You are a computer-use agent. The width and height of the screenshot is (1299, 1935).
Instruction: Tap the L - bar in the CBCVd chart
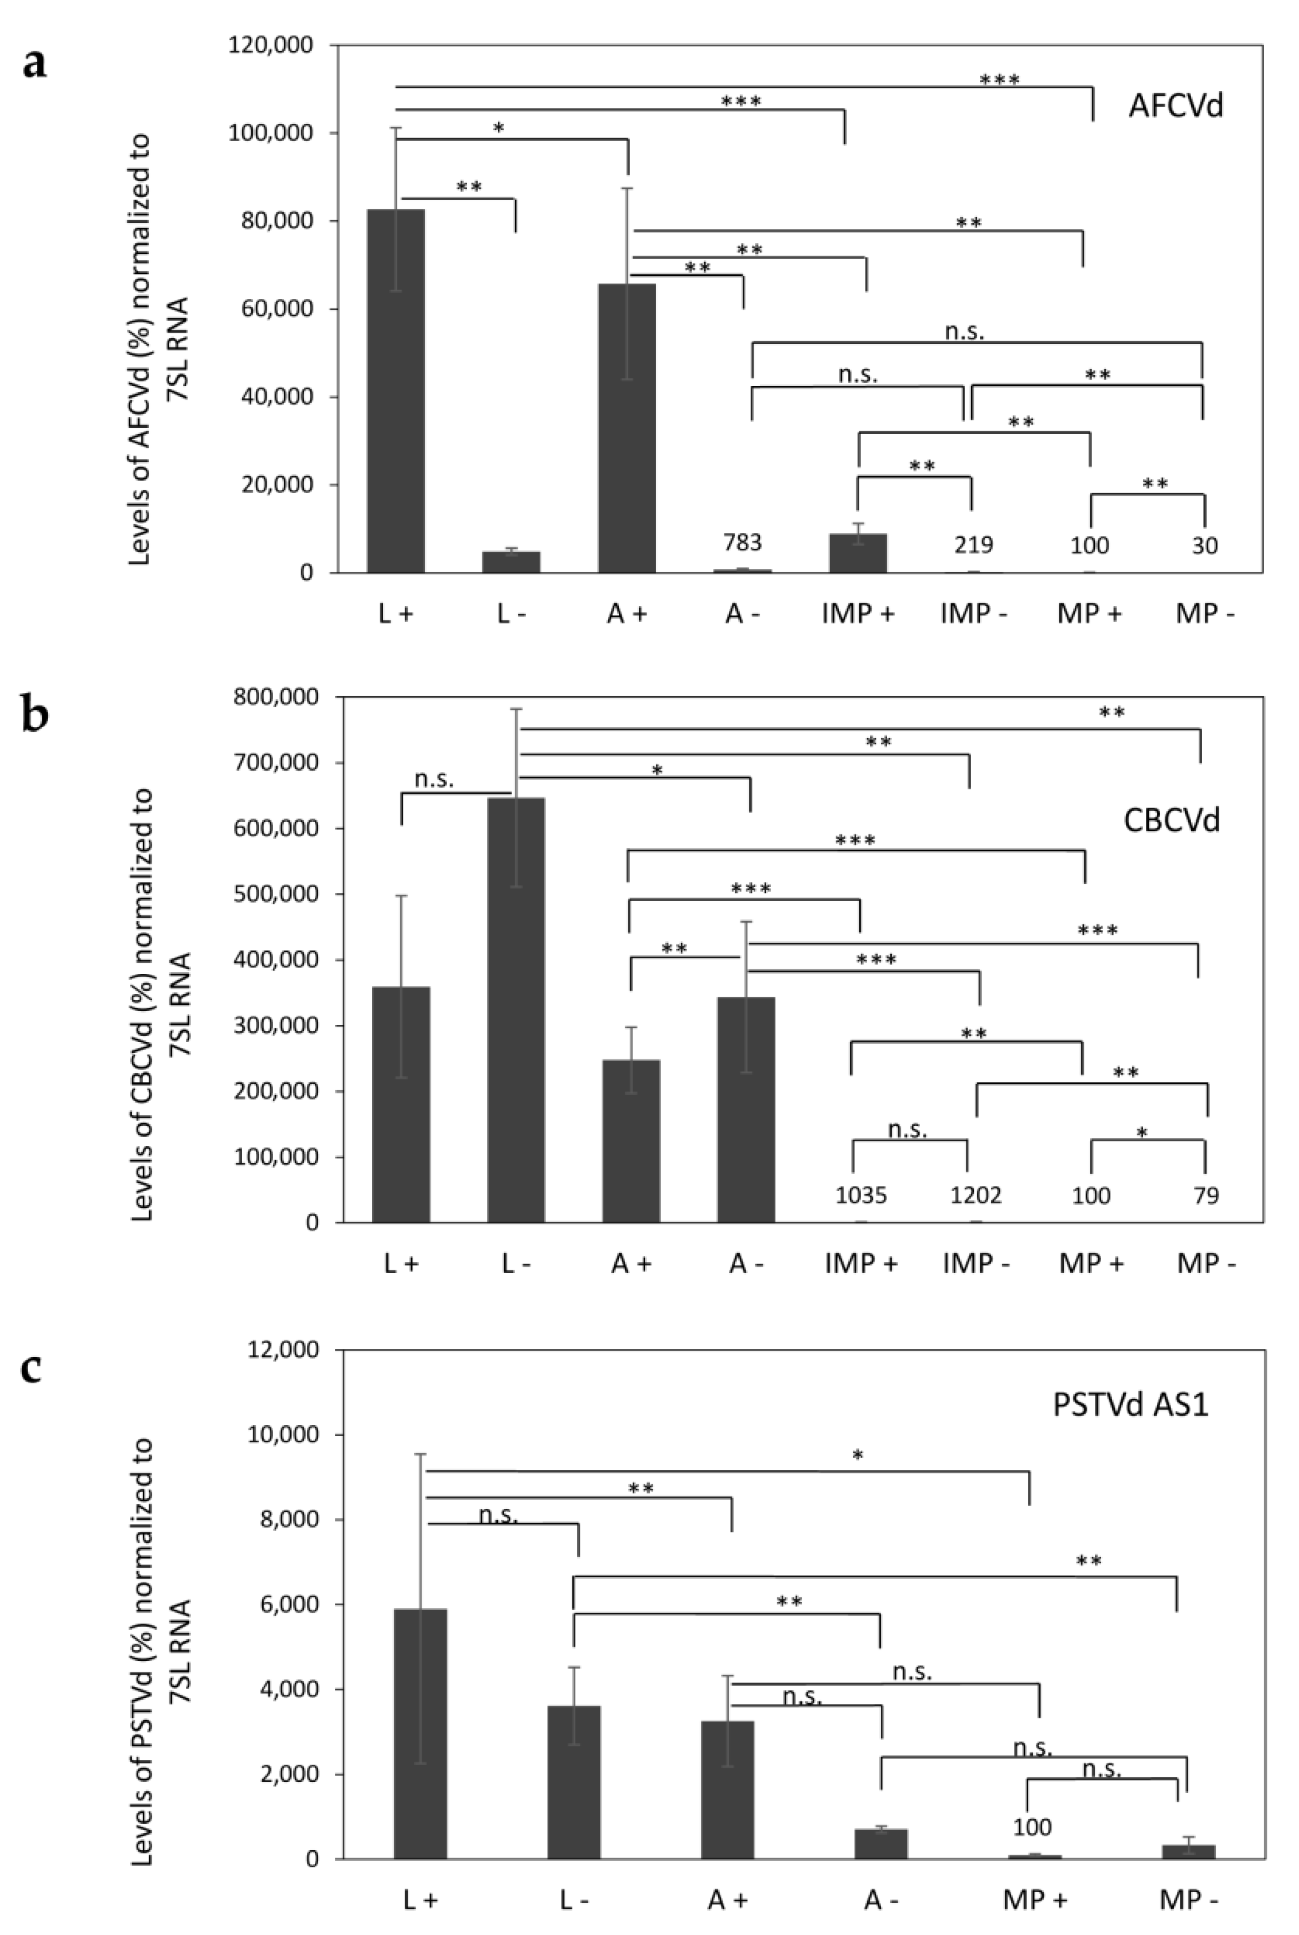click(x=516, y=1010)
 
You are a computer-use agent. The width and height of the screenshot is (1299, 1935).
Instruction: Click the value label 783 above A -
click(x=742, y=543)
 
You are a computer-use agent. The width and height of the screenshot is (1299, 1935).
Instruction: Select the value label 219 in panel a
click(x=973, y=544)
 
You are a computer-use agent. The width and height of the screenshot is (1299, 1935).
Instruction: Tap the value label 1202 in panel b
click(x=976, y=1195)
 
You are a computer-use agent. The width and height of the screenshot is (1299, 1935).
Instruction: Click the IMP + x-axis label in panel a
click(x=859, y=614)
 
